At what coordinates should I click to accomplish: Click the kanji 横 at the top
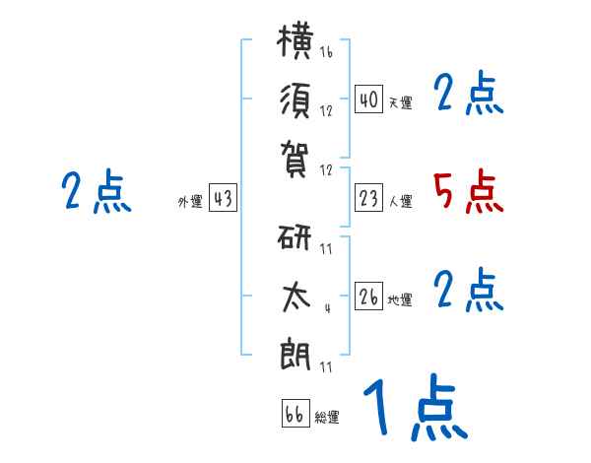point(295,40)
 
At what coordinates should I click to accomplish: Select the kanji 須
point(295,100)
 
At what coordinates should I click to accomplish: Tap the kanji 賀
point(295,160)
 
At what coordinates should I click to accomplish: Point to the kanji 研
point(295,237)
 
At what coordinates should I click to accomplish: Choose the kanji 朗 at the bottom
point(295,354)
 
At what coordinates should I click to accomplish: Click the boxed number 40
point(368,99)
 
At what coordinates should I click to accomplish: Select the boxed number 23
point(368,198)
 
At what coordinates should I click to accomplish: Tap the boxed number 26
point(368,296)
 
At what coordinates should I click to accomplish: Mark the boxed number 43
point(223,198)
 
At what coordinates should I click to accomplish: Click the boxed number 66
point(295,413)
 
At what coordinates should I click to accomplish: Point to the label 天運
point(401,102)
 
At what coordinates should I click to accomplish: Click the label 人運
point(401,201)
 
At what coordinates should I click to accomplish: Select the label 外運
point(190,201)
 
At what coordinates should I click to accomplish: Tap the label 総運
point(327,417)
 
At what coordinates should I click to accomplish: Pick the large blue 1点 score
point(416,407)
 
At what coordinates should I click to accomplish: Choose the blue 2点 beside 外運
point(97,191)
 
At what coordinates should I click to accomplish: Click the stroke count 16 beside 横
point(326,51)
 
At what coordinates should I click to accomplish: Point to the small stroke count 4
point(328,308)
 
